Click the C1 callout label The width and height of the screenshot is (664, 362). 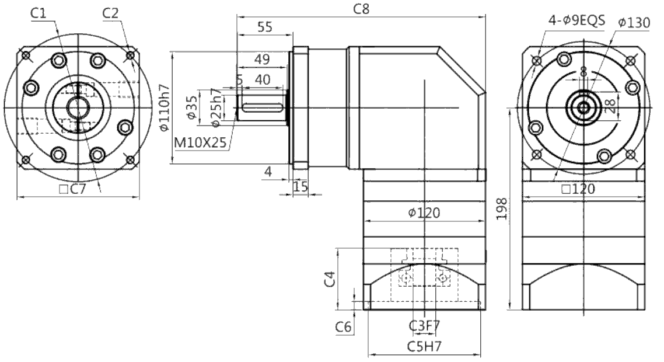point(38,13)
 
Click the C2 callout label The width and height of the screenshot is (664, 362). point(110,13)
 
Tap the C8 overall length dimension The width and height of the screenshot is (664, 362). point(361,9)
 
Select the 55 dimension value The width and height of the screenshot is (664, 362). point(265,27)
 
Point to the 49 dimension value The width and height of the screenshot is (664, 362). point(262,59)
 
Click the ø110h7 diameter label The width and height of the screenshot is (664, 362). point(164,107)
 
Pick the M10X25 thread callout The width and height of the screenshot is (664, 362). point(201,142)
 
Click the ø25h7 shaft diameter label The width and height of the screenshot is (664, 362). point(216,107)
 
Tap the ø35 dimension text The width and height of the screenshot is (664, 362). point(192,107)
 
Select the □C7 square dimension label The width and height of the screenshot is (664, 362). point(72,189)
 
